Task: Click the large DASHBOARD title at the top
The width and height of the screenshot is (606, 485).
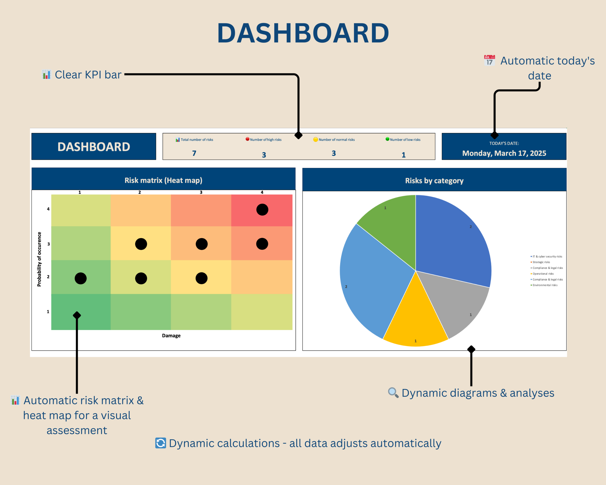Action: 303,33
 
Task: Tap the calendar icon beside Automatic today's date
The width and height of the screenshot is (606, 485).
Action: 489,60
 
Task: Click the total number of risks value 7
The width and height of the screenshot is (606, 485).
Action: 194,153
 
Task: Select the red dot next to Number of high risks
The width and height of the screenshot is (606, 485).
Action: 247,139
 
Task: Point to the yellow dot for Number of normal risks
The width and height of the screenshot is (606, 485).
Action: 315,139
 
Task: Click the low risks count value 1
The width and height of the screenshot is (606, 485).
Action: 403,155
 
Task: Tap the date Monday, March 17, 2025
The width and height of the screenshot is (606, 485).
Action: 504,153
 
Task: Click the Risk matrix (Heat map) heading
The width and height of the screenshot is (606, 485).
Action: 163,180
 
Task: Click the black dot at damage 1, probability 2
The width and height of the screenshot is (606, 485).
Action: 81,278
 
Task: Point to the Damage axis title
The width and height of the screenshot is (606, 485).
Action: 171,335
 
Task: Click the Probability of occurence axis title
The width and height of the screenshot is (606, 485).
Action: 39,259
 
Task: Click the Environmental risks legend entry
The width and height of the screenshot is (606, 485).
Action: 545,285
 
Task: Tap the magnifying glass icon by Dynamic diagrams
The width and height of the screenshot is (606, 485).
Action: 393,392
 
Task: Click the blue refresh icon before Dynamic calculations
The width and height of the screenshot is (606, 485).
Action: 160,443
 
